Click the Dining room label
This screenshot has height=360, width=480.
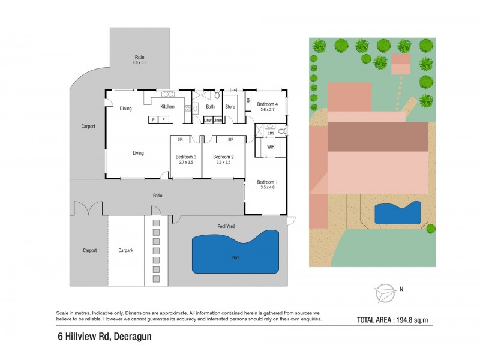(x=125, y=109)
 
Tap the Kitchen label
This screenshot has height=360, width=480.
(x=167, y=107)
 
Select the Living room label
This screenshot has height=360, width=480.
(x=138, y=153)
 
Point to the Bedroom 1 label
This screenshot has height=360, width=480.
(x=267, y=182)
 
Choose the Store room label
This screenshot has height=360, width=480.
(x=230, y=107)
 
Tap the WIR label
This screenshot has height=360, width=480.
(x=271, y=146)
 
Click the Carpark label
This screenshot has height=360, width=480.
(x=125, y=250)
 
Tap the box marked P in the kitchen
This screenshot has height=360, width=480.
(x=154, y=120)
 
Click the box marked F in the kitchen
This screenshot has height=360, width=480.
(x=163, y=120)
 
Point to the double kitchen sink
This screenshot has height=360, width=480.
(x=168, y=94)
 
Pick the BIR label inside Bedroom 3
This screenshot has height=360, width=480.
(x=178, y=139)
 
